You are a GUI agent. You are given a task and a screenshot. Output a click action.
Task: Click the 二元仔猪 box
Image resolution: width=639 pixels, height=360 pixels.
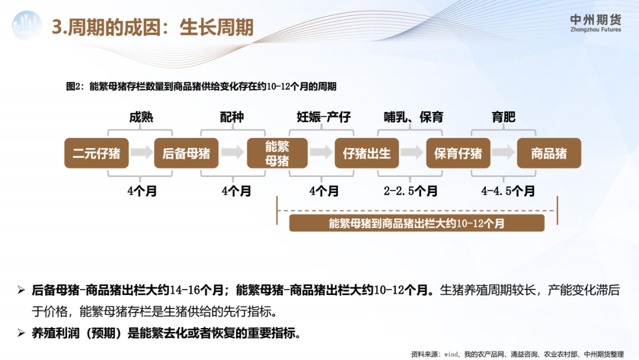(x=96, y=153)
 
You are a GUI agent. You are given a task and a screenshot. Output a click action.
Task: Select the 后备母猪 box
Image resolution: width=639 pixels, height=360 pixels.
(x=186, y=153)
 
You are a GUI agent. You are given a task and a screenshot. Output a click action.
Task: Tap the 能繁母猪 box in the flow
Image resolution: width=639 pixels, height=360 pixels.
(x=277, y=153)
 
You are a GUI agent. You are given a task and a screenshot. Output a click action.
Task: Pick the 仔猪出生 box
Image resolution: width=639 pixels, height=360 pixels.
(x=367, y=153)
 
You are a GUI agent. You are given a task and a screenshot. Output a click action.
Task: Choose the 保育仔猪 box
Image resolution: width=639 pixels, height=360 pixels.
(x=458, y=153)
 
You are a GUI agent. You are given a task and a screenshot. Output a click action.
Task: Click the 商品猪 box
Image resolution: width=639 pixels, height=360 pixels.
(x=549, y=153)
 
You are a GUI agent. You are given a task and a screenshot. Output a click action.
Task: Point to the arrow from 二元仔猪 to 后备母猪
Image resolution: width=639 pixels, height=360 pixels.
(x=141, y=153)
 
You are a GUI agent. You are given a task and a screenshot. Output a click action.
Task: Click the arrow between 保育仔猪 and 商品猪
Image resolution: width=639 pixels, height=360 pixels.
(x=504, y=153)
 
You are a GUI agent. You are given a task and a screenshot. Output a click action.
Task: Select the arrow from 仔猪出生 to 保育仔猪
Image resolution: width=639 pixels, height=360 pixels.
(x=412, y=153)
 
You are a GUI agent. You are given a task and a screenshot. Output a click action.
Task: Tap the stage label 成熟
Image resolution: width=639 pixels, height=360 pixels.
(x=141, y=117)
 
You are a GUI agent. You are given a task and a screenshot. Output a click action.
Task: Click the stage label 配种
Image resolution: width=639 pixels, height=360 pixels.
(x=232, y=117)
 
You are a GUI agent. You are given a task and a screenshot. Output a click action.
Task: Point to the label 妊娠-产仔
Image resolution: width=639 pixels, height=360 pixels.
(x=324, y=117)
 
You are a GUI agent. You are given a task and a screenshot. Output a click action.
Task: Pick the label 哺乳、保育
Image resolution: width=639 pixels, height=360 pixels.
(x=413, y=117)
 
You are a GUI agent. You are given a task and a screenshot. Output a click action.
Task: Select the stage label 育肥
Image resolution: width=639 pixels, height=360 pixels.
(x=504, y=117)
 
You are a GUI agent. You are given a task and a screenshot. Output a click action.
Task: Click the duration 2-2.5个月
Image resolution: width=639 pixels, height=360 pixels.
(x=411, y=191)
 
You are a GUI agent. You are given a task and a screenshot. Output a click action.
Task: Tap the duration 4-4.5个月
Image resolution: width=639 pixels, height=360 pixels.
(x=508, y=191)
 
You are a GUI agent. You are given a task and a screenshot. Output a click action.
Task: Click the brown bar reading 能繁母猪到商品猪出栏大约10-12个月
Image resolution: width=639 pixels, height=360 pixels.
(x=417, y=223)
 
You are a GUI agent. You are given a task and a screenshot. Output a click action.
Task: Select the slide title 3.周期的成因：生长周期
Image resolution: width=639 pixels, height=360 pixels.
(x=153, y=27)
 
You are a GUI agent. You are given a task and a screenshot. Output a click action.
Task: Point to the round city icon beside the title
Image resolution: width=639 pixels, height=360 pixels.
(x=27, y=25)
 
